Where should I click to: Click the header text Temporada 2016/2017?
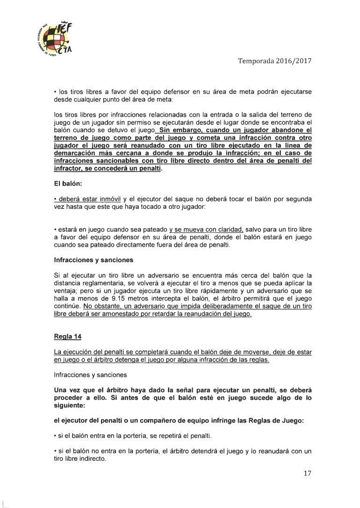click(x=275, y=61)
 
